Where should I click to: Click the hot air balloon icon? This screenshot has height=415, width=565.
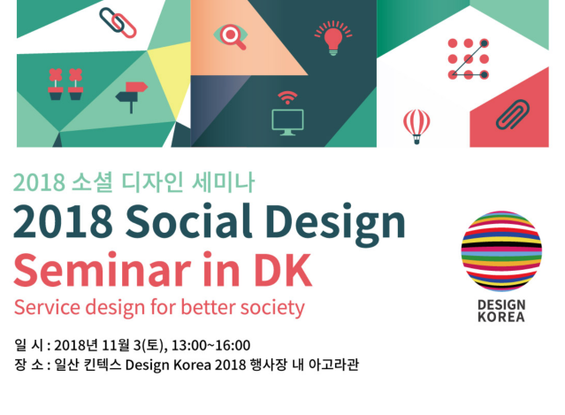coord(416,126)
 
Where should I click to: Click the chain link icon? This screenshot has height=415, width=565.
coord(117,23)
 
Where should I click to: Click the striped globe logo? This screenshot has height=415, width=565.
coord(501,252)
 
